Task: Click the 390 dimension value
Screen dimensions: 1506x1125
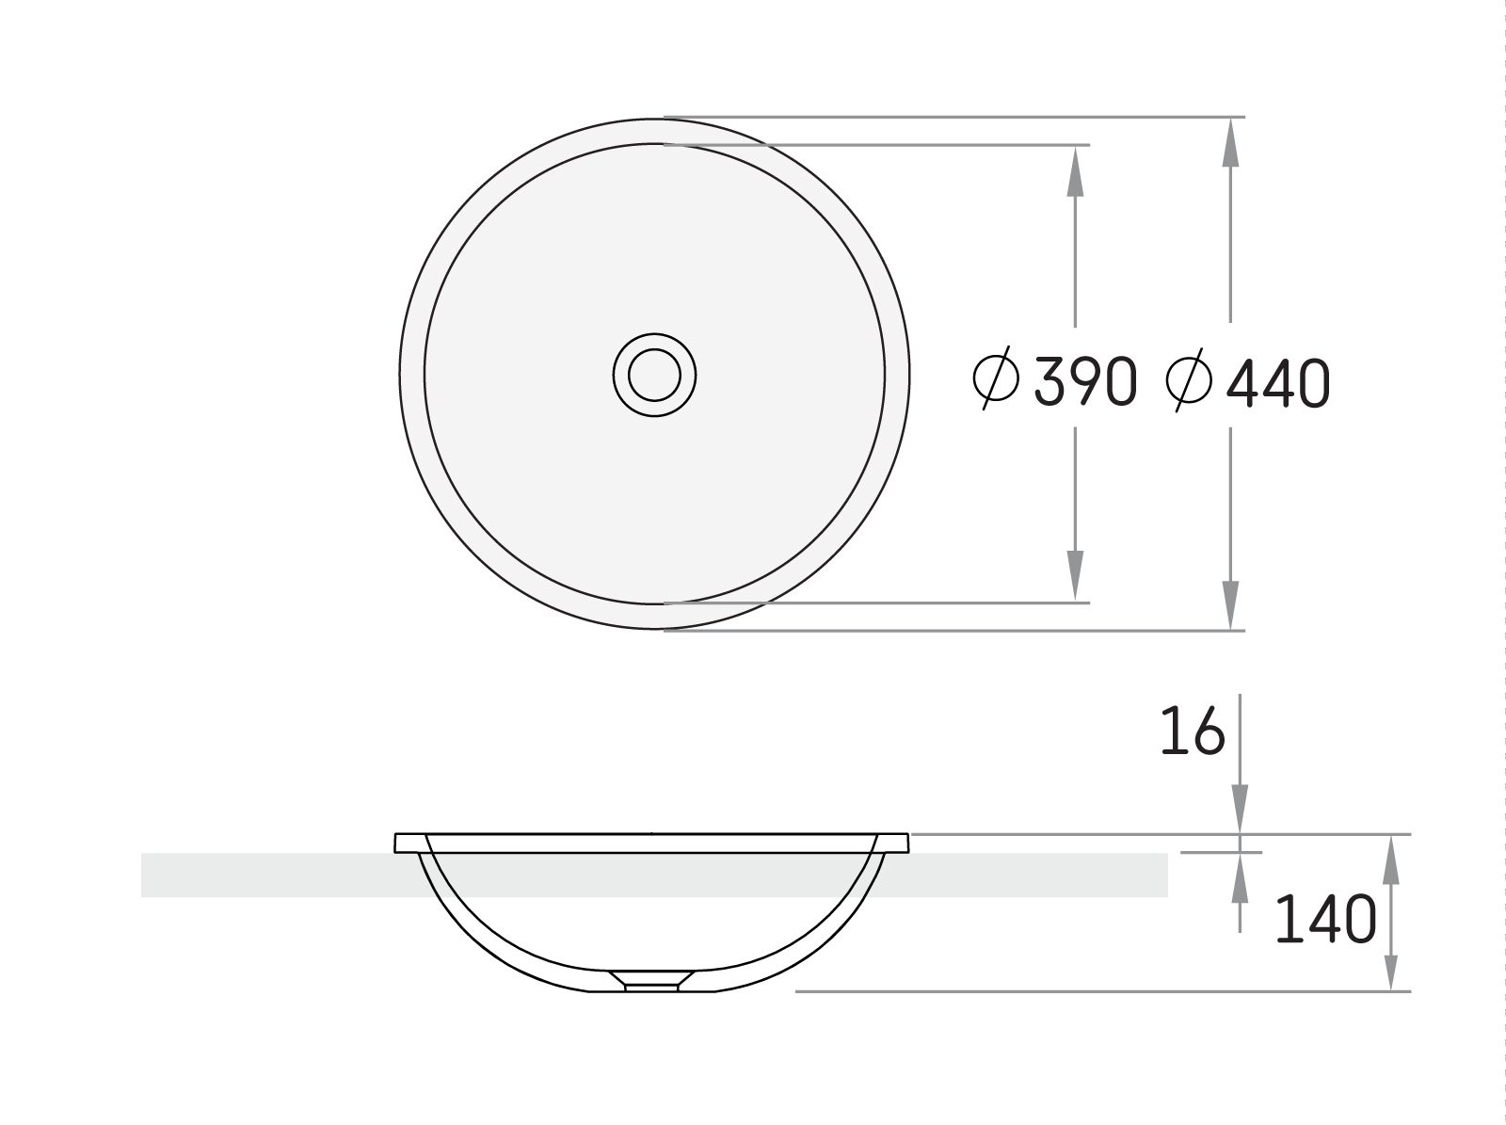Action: tap(1085, 381)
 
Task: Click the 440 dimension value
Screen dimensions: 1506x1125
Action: tap(1278, 383)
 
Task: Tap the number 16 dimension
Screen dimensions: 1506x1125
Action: tap(1193, 731)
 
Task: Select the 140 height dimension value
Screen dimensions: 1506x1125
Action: tap(1325, 919)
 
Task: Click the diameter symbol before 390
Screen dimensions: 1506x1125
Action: tap(996, 378)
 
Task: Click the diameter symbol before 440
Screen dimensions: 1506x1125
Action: tap(1189, 380)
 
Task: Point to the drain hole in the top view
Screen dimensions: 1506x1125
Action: tap(654, 375)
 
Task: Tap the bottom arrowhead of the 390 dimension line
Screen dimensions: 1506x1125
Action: tap(1075, 576)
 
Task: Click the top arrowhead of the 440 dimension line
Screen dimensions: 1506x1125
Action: tap(1230, 142)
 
